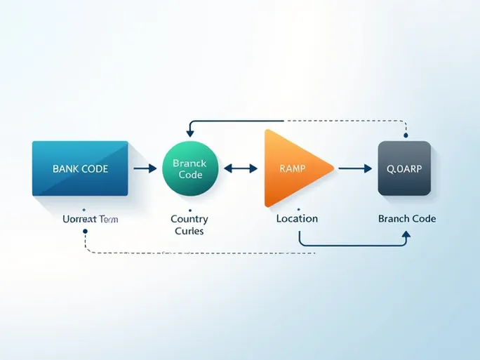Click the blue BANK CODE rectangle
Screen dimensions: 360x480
coord(80,168)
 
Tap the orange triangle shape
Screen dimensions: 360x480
coord(291,168)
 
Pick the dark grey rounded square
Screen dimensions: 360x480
coord(404,168)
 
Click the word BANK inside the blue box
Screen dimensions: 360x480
coord(66,169)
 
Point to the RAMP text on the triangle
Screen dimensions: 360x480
coord(293,168)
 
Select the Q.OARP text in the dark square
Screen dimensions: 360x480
coord(404,168)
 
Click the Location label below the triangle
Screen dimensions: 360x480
coord(297,218)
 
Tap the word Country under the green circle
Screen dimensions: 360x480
coord(189,218)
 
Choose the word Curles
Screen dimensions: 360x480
coord(189,230)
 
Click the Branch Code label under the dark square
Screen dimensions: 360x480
coord(407,218)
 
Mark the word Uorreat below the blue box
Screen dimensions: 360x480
coord(79,219)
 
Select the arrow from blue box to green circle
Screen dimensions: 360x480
coord(145,168)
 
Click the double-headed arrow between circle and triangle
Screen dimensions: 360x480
coord(240,168)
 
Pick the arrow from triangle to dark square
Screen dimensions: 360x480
coord(354,168)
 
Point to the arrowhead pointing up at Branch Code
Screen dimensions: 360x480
coord(405,237)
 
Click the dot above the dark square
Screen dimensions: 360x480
coord(405,134)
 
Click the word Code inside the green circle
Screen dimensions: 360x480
coord(190,175)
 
